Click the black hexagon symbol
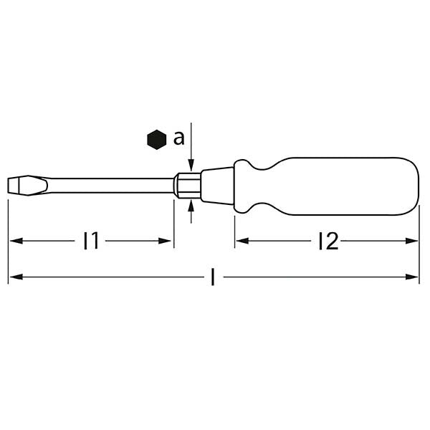tap(154, 139)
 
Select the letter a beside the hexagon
tap(178, 138)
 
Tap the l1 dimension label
tap(90, 242)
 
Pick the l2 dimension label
tap(327, 242)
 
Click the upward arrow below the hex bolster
tap(191, 207)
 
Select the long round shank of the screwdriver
tap(107, 185)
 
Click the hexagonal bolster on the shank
tap(188, 184)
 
